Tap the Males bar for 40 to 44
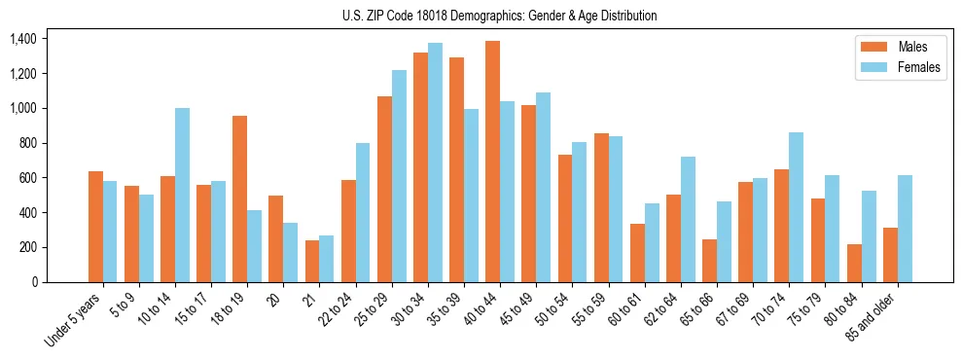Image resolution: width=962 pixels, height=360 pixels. [492, 162]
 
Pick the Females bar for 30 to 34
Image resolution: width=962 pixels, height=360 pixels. [435, 162]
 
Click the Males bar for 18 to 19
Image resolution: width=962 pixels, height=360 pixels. [239, 199]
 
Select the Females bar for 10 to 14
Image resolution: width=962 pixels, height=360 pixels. [182, 195]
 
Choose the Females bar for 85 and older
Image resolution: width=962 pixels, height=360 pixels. [905, 229]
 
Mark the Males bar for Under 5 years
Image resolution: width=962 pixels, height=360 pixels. [95, 227]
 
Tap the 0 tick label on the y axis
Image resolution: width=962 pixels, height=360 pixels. [36, 282]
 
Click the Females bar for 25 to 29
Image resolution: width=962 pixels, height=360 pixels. [399, 176]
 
